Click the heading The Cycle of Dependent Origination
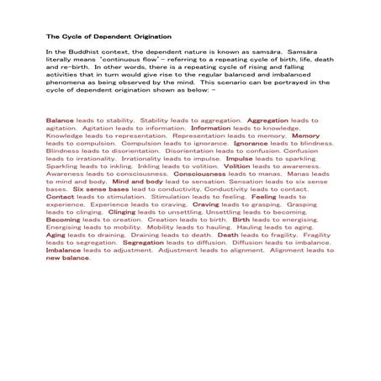pos(108,37)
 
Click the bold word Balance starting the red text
pos(60,120)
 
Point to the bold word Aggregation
pos(268,120)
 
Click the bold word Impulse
pos(239,157)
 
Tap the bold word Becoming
pos(63,220)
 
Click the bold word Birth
pos(241,220)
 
